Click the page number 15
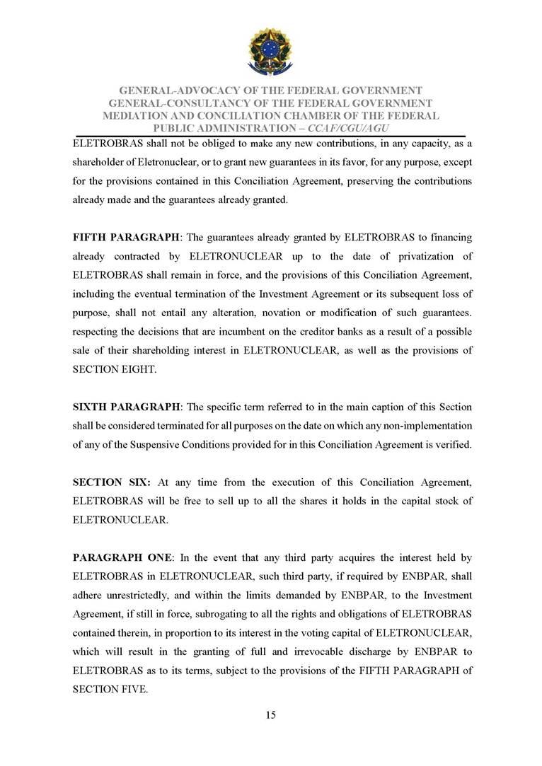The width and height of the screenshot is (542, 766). click(270, 715)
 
